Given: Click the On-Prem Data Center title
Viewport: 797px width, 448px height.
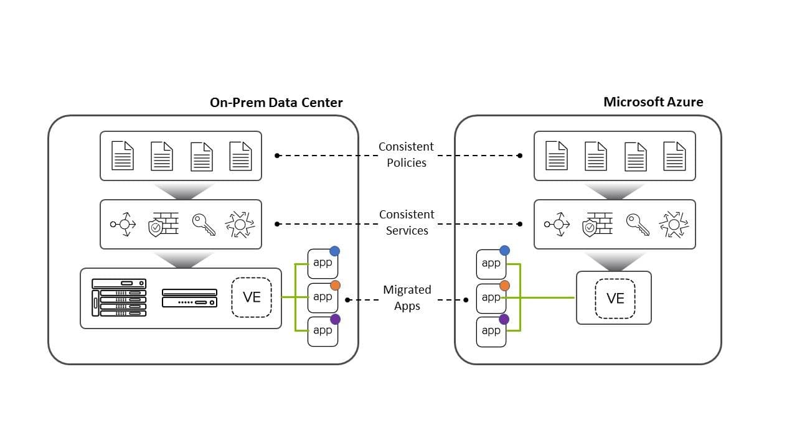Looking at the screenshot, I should [276, 103].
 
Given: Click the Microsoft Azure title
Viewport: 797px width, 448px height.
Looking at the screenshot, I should [653, 102].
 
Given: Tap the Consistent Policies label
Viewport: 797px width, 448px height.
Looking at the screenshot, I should [407, 154].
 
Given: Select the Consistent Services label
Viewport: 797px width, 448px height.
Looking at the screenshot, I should [407, 222].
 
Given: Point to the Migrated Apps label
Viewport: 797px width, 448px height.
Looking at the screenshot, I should [407, 297].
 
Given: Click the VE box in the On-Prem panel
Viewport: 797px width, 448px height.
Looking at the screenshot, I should [252, 297].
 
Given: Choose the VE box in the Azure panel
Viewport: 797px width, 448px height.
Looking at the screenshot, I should [615, 298].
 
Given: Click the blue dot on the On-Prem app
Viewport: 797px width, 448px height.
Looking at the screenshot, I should [334, 251].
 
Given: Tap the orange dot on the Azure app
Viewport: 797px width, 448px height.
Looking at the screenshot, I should [504, 286].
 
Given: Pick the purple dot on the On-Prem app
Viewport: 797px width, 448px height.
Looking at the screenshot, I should [335, 319].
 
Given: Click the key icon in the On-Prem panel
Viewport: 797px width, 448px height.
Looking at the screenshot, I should [204, 225].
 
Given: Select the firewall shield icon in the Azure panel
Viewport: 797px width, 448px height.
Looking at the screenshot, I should [597, 225].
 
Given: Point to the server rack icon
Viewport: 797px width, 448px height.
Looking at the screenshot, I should [119, 297].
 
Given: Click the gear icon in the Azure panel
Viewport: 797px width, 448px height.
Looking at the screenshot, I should [674, 225].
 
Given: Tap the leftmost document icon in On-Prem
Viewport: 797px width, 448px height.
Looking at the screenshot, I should [123, 156].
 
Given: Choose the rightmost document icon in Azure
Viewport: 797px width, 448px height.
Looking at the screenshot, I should [674, 156].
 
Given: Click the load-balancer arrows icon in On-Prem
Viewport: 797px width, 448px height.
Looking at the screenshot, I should [123, 225].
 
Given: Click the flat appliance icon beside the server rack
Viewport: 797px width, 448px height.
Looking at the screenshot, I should [189, 298].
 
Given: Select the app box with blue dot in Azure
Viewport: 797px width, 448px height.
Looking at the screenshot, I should [491, 264].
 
